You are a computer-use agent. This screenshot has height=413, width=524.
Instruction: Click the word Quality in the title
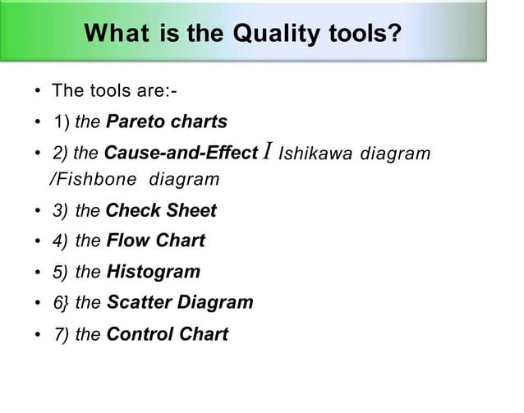275,34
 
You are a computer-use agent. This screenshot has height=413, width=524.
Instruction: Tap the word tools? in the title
362,34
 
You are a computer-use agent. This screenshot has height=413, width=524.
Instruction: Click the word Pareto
135,122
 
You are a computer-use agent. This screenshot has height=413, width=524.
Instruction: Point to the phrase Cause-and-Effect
182,153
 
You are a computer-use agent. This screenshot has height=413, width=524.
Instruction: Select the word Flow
126,241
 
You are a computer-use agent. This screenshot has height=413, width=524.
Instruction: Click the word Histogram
153,271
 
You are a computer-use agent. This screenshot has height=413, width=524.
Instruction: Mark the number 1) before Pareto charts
61,122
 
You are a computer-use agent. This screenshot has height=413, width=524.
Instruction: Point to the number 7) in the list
61,334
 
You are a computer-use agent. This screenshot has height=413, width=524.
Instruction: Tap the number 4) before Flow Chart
61,241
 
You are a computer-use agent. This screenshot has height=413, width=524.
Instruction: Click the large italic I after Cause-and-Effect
267,152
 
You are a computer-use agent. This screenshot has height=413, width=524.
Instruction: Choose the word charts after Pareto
199,122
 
